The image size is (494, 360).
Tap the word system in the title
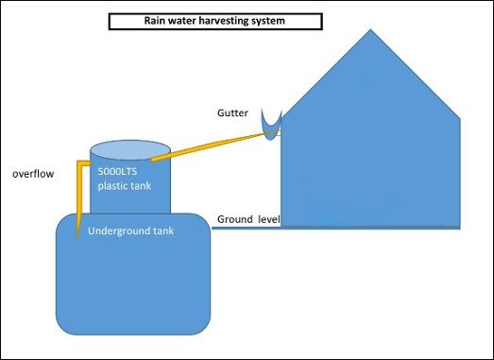click(x=269, y=22)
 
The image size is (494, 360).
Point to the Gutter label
click(x=232, y=112)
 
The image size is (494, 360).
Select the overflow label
click(x=33, y=174)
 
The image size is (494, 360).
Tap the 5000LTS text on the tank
click(x=117, y=171)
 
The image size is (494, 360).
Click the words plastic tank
click(x=125, y=186)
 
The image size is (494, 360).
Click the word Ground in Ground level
click(x=235, y=219)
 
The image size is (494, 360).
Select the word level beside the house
click(x=269, y=219)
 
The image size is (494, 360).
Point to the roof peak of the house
click(x=370, y=29)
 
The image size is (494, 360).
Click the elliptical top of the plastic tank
click(x=130, y=150)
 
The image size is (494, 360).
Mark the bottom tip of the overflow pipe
click(x=77, y=241)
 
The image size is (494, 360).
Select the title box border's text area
click(x=215, y=22)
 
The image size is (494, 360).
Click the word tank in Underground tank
click(x=163, y=231)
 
